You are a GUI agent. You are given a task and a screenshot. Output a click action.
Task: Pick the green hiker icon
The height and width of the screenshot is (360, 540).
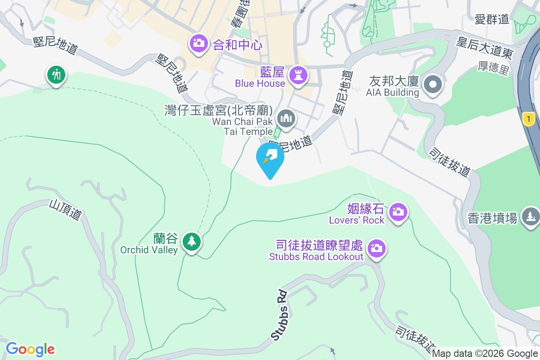56,75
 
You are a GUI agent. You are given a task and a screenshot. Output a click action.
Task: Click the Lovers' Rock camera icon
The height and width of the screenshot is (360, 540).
398,211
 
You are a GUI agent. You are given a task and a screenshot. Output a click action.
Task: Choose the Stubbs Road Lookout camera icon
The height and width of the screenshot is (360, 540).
377,248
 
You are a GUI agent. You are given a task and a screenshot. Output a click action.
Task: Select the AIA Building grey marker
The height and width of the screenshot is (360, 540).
433,84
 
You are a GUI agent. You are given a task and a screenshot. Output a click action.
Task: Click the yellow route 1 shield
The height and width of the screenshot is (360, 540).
528,119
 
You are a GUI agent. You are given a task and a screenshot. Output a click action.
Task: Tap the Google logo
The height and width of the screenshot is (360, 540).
30,349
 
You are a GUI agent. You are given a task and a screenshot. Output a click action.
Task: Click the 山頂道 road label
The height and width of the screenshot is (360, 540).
65,210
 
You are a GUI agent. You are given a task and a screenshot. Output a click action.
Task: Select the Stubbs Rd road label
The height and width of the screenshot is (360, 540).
279,315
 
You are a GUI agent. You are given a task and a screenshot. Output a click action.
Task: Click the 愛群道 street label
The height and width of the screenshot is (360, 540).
491,19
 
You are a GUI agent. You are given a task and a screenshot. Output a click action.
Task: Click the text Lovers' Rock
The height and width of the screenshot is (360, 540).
356,220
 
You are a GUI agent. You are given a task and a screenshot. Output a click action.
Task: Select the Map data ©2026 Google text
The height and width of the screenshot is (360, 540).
485,354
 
